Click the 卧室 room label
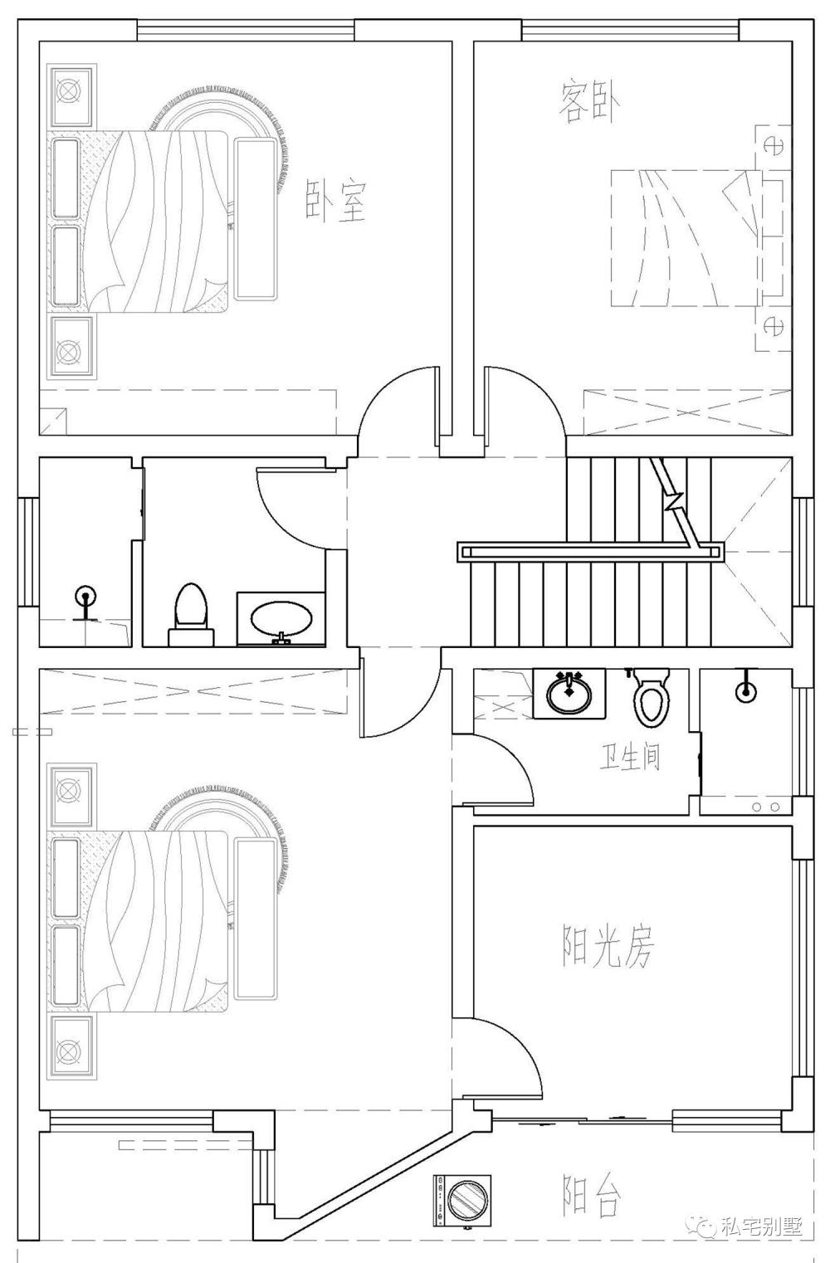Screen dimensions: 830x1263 coord(336,201)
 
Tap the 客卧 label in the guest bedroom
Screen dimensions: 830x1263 coord(590,103)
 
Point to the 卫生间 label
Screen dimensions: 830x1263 coord(630,758)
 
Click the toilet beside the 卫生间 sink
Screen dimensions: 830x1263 coord(652,696)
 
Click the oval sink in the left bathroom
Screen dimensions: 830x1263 coord(281,619)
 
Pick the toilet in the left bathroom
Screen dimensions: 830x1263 coord(191,615)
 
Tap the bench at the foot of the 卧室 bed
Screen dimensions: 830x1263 coord(256,218)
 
